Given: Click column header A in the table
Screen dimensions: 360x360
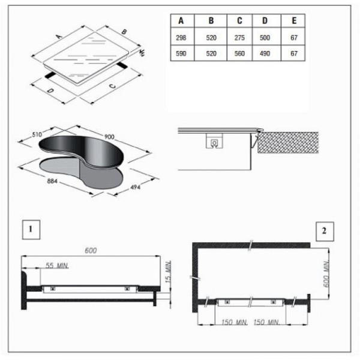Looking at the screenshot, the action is (181, 20).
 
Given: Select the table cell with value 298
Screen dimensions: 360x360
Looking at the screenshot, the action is (181, 38).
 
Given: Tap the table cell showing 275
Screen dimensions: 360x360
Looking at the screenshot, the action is (239, 38).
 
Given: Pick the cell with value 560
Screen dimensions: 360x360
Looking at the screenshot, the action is (239, 53).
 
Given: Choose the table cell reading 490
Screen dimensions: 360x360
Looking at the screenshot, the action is (265, 53).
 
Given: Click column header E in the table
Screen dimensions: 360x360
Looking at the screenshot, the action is (294, 20).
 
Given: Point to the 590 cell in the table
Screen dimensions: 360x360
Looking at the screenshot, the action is (181, 53).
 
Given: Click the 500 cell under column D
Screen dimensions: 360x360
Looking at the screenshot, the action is (265, 38).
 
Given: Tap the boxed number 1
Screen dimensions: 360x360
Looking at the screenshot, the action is (31, 229).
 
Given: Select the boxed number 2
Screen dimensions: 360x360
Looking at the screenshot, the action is (325, 231).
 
